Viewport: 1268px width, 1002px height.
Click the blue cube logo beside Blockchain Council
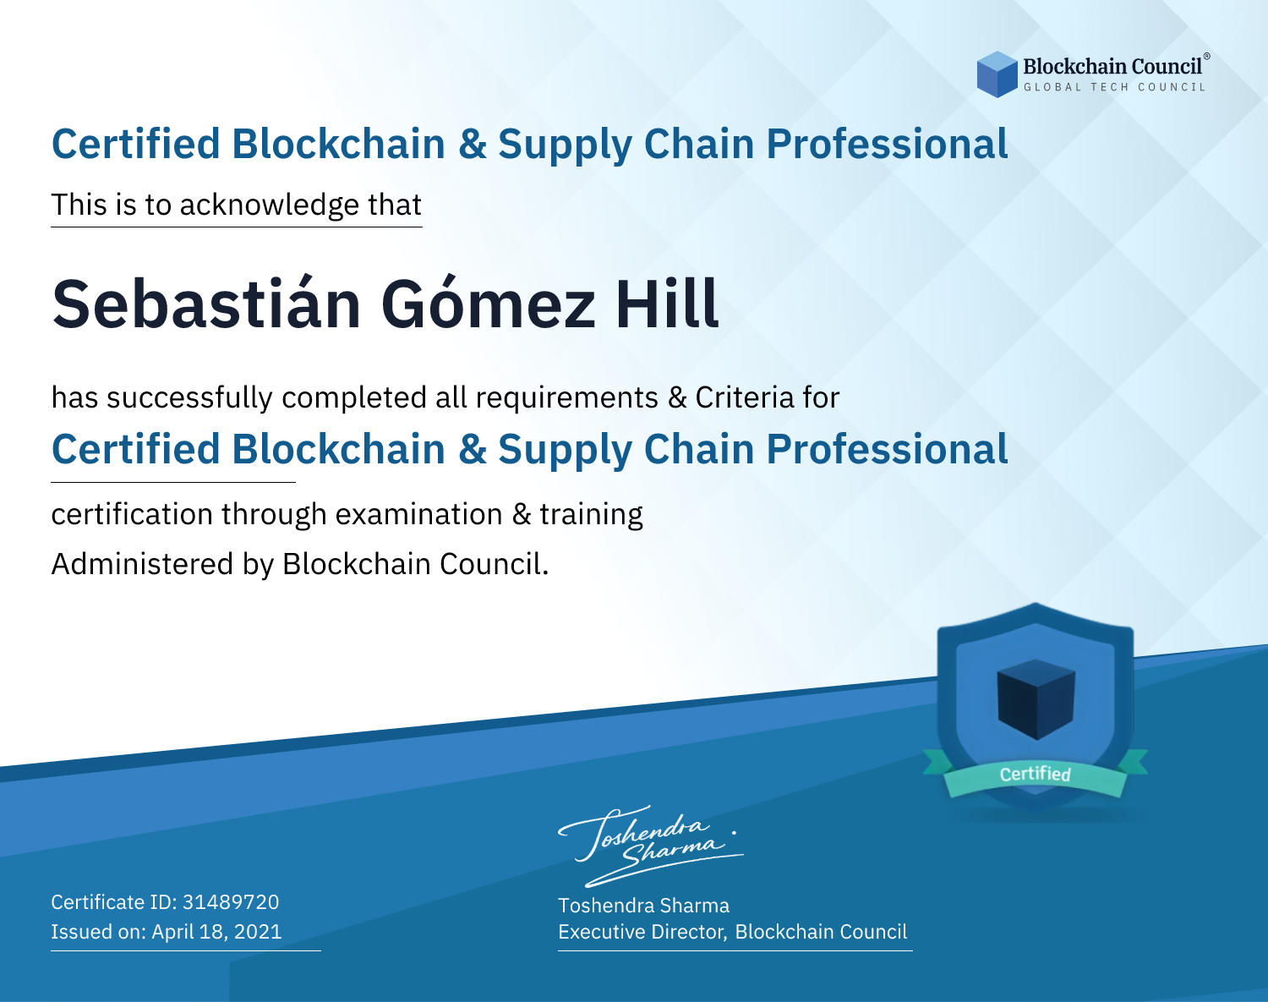(x=997, y=74)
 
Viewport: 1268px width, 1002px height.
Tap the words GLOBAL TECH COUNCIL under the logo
(x=1115, y=87)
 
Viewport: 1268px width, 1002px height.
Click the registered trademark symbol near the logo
(x=1206, y=57)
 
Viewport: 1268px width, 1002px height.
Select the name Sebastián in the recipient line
(x=206, y=304)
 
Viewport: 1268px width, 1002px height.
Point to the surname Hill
(x=667, y=304)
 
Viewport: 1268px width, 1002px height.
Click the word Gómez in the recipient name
(x=488, y=304)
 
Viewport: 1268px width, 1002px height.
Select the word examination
(x=419, y=514)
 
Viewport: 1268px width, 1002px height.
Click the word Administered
(x=143, y=564)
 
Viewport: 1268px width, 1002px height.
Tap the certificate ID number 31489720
(x=231, y=902)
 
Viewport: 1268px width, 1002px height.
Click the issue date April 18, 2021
(x=217, y=932)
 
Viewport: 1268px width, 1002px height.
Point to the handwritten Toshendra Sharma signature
(x=650, y=846)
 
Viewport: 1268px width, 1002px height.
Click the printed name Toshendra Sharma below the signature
(x=643, y=906)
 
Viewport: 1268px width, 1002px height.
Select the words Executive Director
(x=641, y=932)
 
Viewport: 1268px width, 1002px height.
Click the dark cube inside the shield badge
(x=1036, y=699)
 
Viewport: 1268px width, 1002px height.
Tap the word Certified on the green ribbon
(x=1036, y=774)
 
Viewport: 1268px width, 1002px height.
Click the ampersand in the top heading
(x=473, y=145)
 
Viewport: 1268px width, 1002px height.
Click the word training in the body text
(x=592, y=515)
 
